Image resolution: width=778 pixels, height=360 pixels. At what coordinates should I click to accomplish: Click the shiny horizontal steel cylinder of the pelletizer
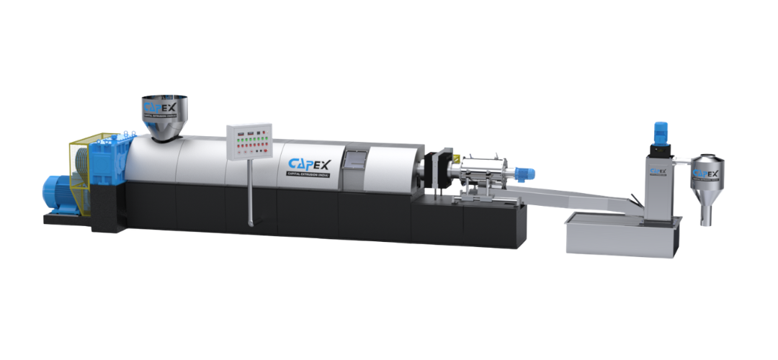point(489,171)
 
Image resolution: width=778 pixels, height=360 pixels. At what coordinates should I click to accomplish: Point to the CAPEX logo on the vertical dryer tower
point(656,172)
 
